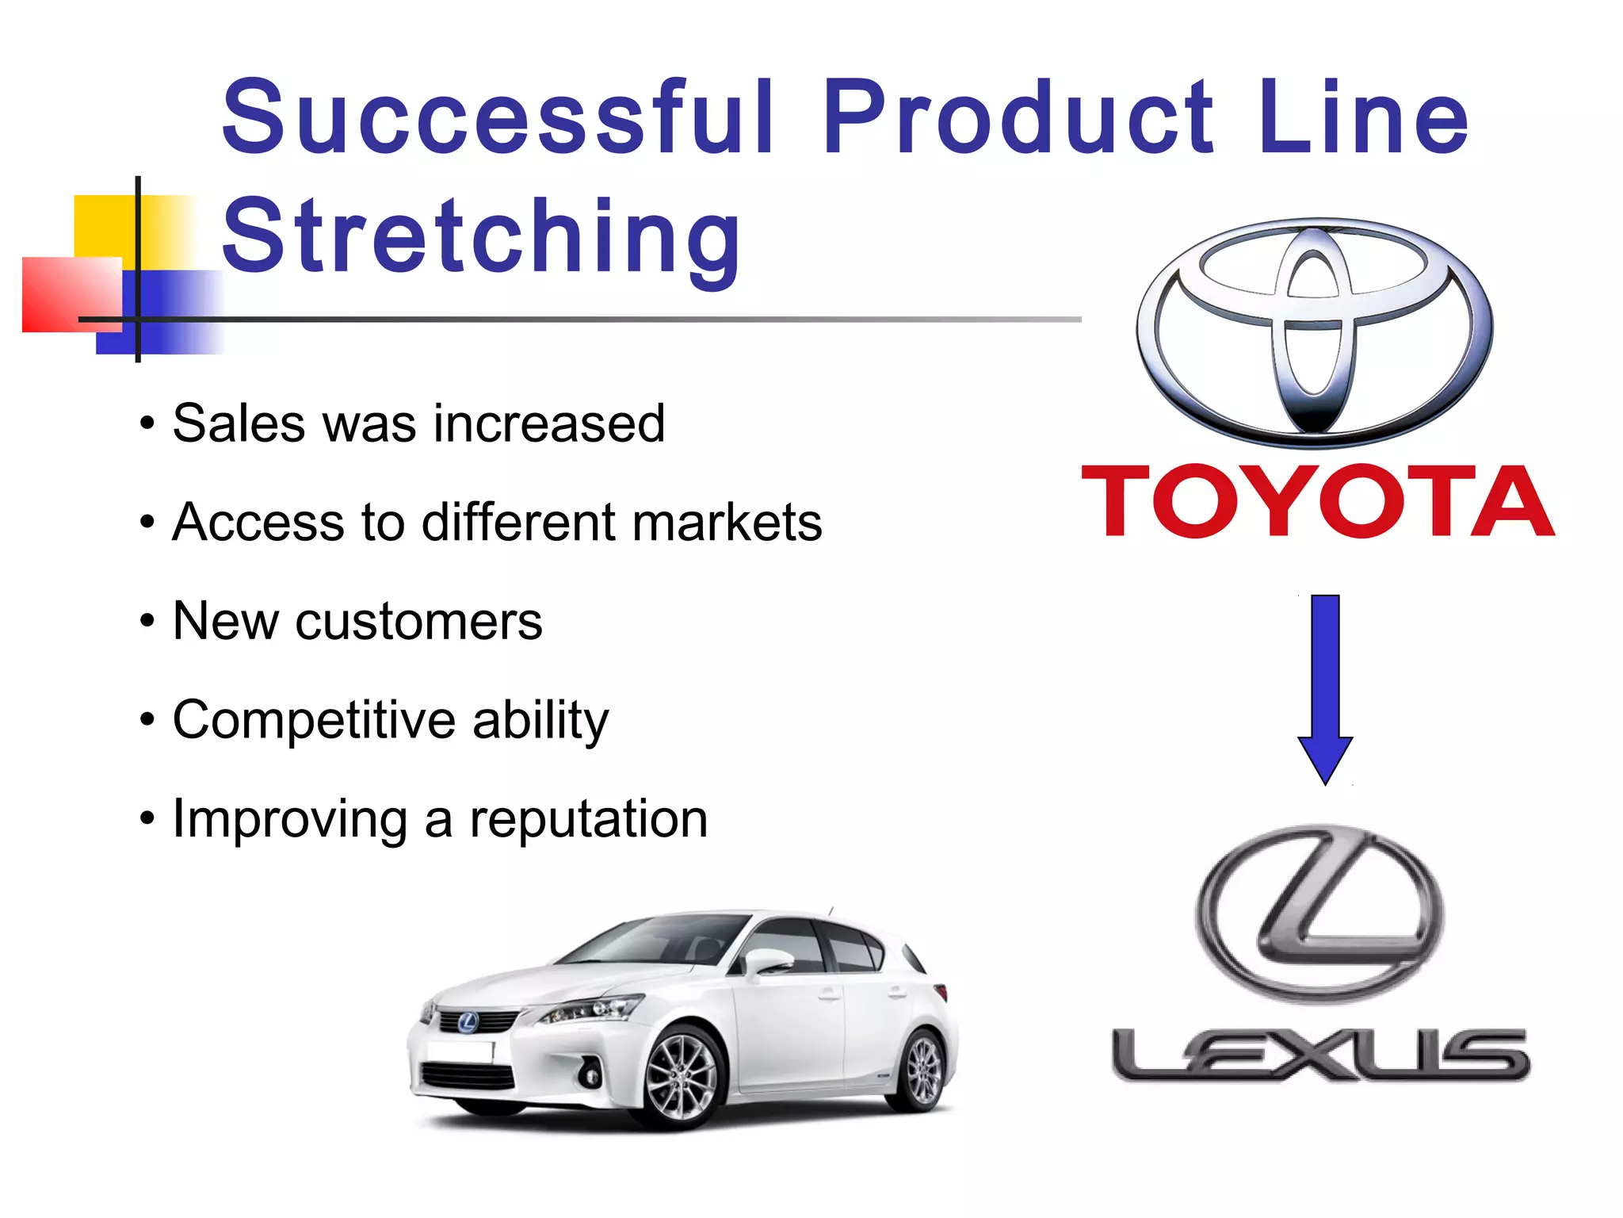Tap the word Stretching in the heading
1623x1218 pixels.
pos(481,236)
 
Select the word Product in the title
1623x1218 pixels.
pos(1018,117)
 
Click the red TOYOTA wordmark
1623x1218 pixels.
pos(1318,501)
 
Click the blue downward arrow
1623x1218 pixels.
pos(1325,686)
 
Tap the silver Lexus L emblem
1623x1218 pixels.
pos(1319,912)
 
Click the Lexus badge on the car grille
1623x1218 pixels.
pos(466,1023)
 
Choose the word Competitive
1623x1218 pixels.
pos(313,720)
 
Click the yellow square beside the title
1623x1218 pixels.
pos(103,226)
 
